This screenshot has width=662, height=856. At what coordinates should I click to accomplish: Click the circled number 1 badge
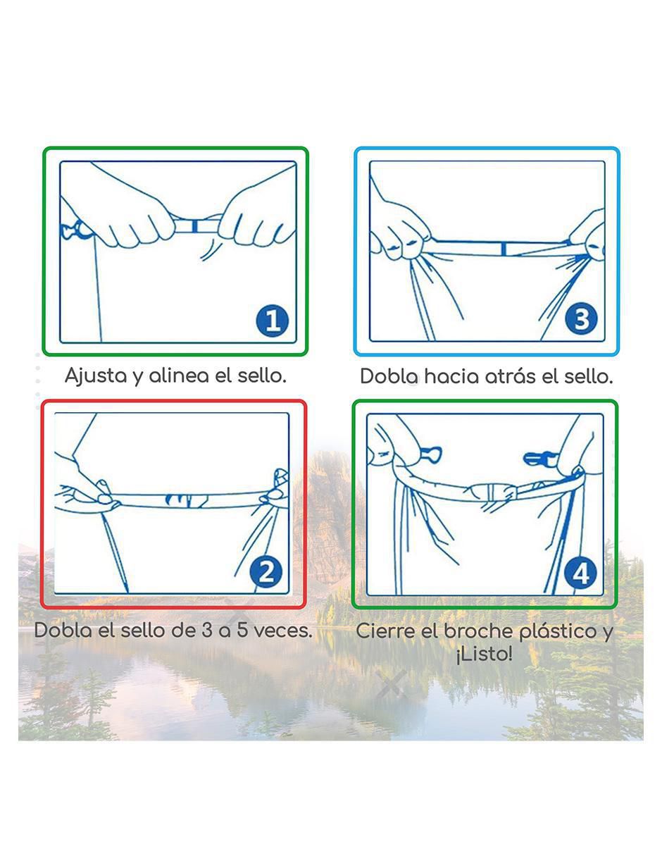(273, 321)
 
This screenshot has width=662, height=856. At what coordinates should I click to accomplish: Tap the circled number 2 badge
(266, 572)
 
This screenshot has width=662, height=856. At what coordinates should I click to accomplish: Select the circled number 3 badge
(581, 319)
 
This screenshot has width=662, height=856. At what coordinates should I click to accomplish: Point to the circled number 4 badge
(580, 573)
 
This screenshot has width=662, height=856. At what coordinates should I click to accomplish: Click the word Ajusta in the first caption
(96, 376)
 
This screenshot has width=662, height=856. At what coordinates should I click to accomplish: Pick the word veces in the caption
(283, 631)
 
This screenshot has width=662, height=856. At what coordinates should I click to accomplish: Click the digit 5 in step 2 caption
(242, 631)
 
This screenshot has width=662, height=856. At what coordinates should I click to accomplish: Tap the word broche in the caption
(477, 631)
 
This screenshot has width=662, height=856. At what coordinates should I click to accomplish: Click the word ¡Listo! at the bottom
(485, 655)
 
